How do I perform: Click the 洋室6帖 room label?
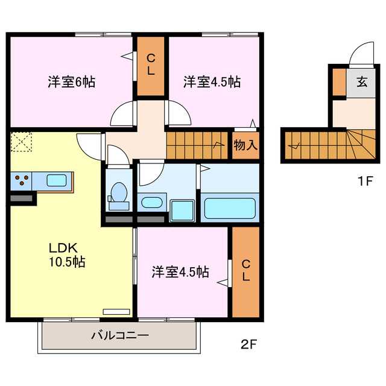(71, 81)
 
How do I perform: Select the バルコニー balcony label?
(119, 335)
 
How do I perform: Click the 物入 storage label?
(245, 145)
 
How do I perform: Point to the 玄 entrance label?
(361, 82)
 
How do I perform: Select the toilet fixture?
(118, 194)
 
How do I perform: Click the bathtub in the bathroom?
(229, 207)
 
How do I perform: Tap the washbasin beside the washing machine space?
(151, 202)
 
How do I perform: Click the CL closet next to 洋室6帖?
(150, 65)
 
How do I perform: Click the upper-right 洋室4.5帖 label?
(212, 81)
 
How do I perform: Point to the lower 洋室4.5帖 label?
(180, 272)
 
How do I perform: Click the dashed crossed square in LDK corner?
(21, 143)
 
